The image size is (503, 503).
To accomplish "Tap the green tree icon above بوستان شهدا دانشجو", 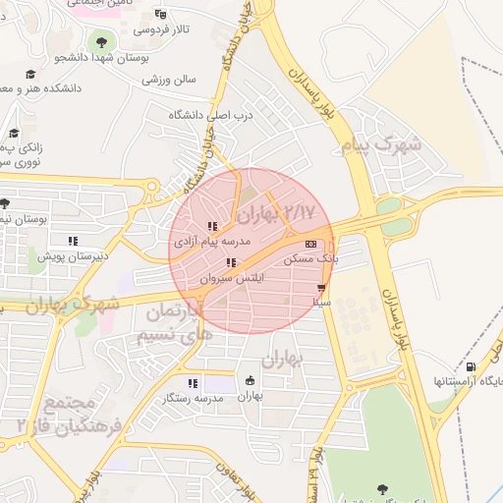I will click(99, 41).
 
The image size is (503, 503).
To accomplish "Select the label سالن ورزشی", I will click(172, 78).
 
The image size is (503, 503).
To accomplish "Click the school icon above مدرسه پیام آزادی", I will click(213, 227).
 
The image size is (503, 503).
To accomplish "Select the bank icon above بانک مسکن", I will click(311, 245).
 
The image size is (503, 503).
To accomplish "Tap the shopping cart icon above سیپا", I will click(321, 288).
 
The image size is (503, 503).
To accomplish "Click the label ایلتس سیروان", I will click(232, 279).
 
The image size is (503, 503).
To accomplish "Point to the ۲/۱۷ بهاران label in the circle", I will click(276, 212).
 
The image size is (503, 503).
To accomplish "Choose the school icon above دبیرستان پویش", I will click(72, 241).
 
